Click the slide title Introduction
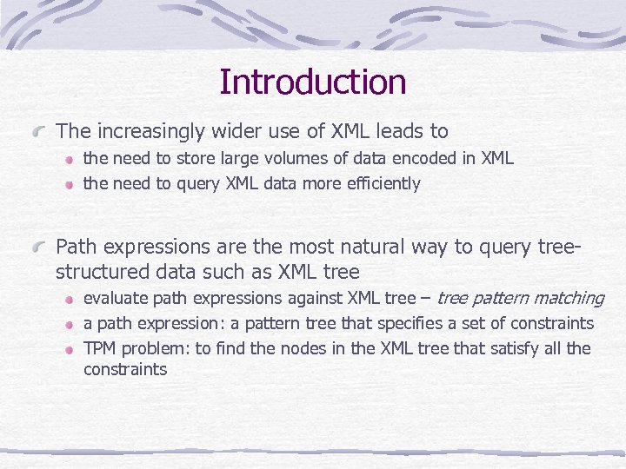tap(312, 82)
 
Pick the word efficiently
tap(382, 184)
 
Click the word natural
tap(401, 247)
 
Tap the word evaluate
tap(115, 299)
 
